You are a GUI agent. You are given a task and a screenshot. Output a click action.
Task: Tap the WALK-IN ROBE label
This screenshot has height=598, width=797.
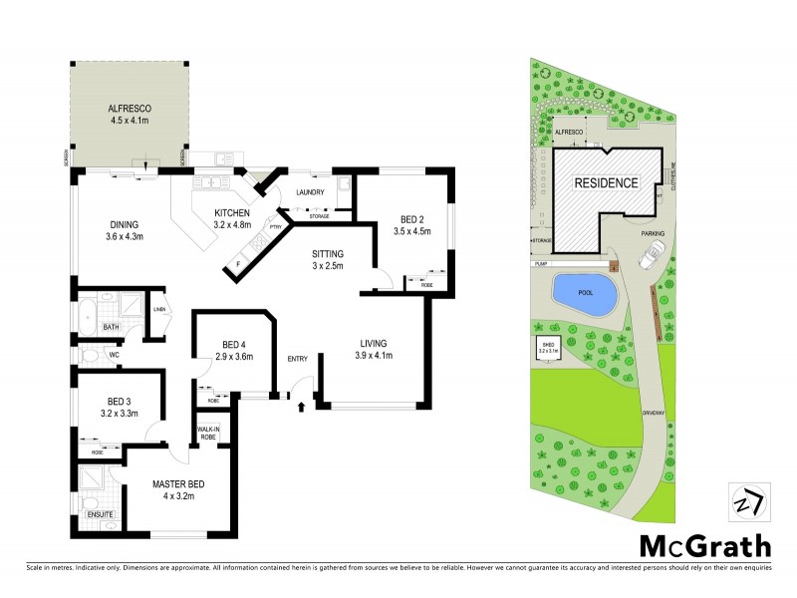coord(208,434)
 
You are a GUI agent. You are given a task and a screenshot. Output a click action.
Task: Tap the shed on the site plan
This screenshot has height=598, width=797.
coord(549,350)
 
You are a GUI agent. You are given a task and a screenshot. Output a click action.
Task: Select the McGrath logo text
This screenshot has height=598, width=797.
coord(704,545)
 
